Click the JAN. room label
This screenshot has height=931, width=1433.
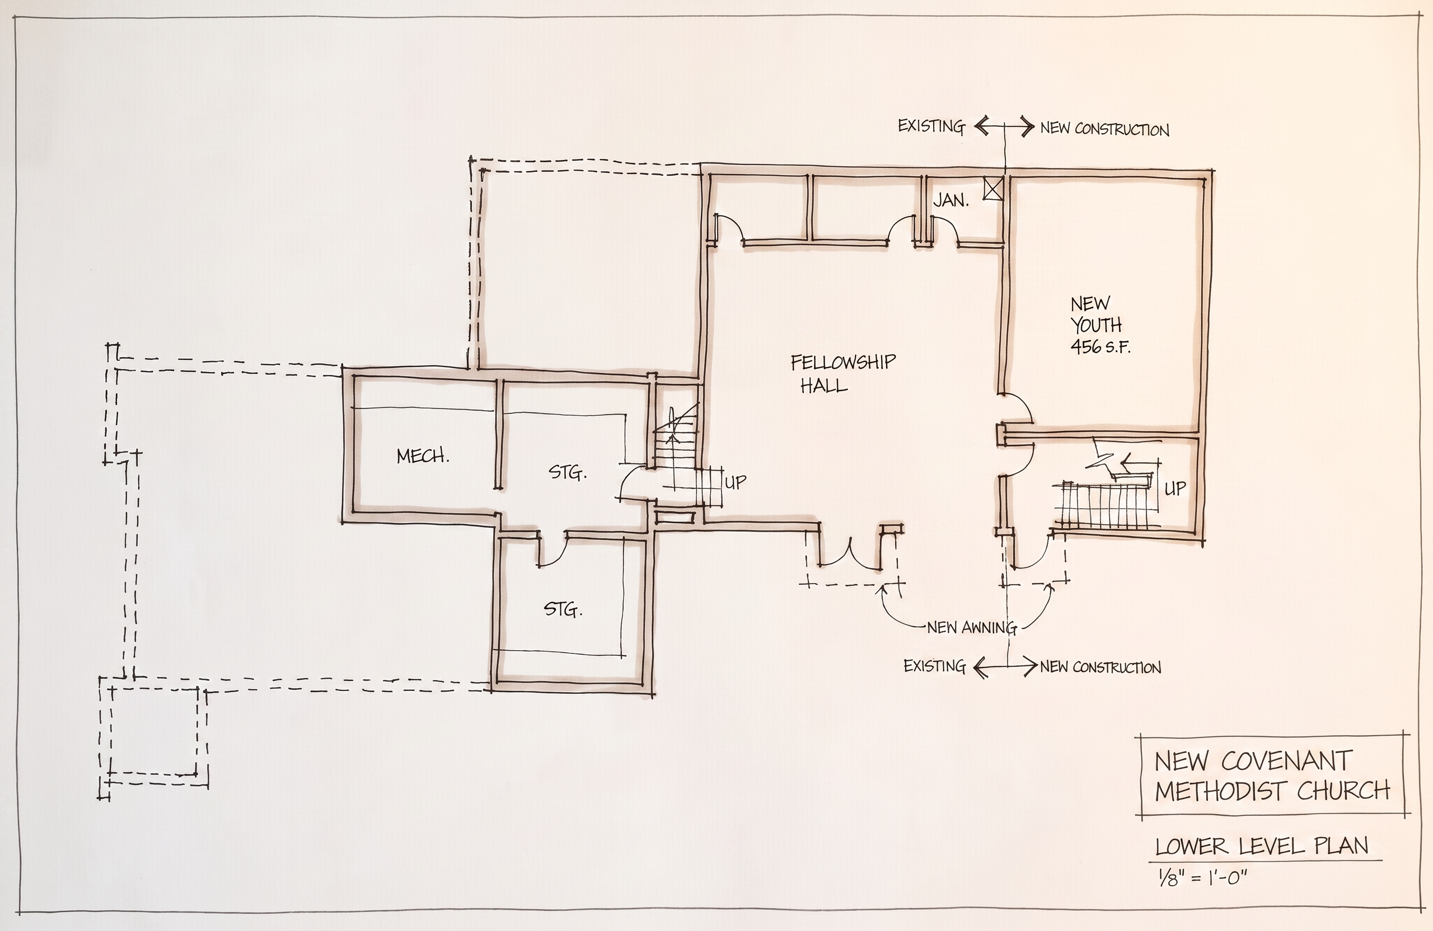(x=950, y=200)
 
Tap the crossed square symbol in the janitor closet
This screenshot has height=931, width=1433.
(x=992, y=189)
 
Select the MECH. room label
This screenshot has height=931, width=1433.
(x=423, y=456)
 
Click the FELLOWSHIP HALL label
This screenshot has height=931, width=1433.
(x=843, y=373)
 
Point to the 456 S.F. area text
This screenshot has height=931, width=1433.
(x=1100, y=347)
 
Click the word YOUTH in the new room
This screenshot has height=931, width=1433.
(x=1096, y=325)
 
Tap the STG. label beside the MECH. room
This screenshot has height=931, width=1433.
(x=567, y=473)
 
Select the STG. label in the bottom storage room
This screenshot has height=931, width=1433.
(x=563, y=610)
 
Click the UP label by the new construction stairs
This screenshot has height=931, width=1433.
(x=1175, y=488)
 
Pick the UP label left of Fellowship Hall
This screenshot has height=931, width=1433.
(x=735, y=482)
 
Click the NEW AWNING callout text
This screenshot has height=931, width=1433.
(x=972, y=628)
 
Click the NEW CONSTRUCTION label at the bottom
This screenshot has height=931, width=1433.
(x=1100, y=667)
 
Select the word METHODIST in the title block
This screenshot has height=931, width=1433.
(x=1221, y=791)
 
